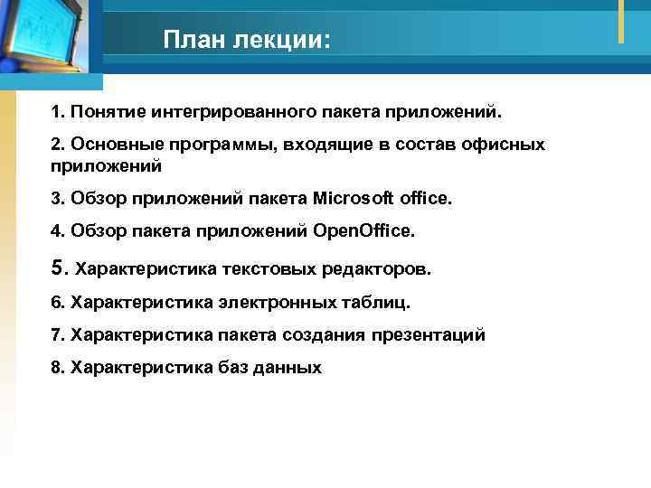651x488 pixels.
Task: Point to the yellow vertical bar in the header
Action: pyautogui.click(x=621, y=21)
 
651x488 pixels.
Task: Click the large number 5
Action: pyautogui.click(x=59, y=267)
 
